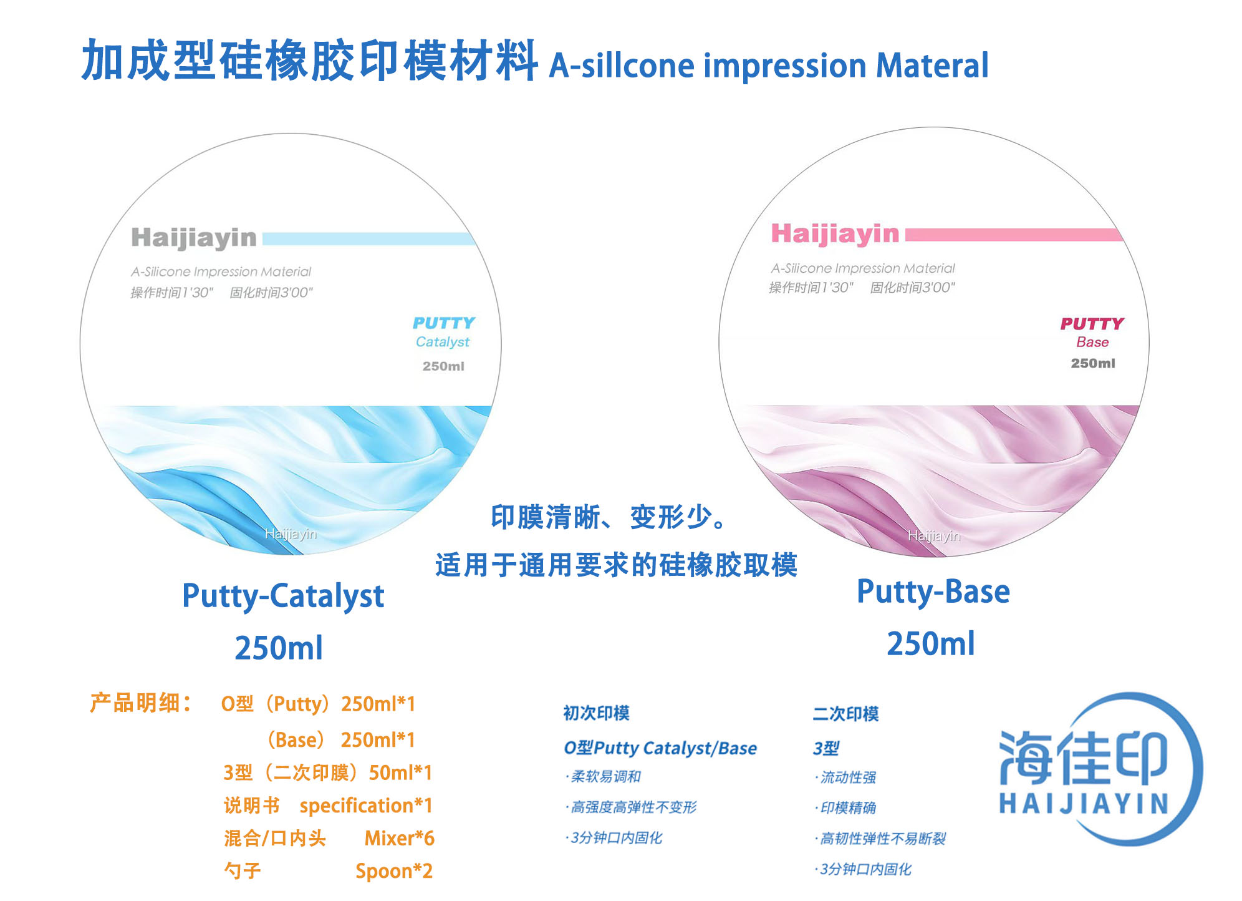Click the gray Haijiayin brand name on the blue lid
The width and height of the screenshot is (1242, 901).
tap(194, 238)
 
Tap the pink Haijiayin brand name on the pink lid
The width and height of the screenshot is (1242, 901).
tap(835, 235)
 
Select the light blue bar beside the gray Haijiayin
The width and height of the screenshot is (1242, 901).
tap(368, 239)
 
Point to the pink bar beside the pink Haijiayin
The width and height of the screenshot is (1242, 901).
tap(1013, 235)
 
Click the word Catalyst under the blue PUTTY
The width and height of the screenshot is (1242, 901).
tap(443, 342)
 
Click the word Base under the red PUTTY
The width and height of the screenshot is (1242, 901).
tap(1092, 342)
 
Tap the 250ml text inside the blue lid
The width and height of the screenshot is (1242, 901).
tap(443, 366)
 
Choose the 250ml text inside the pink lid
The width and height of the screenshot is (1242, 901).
tap(1093, 363)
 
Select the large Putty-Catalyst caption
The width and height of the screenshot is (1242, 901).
tap(283, 597)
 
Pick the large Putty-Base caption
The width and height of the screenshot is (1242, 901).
tap(933, 592)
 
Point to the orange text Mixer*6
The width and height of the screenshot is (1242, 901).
tap(400, 838)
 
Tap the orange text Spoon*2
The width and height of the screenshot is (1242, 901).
tap(394, 871)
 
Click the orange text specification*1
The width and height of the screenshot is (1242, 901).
tap(366, 806)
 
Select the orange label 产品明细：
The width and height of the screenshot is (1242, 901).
tap(141, 703)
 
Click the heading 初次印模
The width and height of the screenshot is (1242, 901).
tap(597, 713)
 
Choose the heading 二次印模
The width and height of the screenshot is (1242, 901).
tap(845, 714)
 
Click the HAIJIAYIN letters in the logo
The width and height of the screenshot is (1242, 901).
tap(1084, 804)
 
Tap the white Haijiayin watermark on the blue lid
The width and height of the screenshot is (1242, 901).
tap(291, 534)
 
